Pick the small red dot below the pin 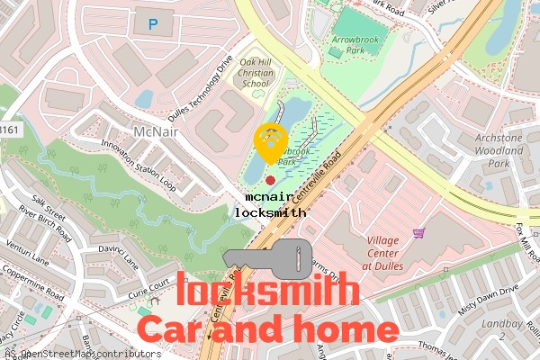point(271,181)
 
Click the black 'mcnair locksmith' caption point(270,204)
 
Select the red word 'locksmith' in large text point(268,292)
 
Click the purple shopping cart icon point(418,233)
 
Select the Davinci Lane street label point(116,254)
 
